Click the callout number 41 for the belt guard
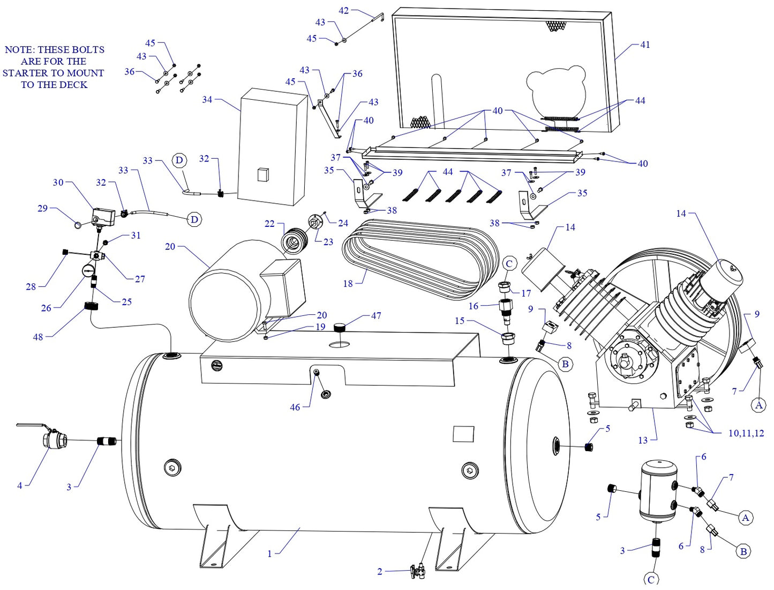pyautogui.click(x=645, y=45)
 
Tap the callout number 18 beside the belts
pyautogui.click(x=348, y=283)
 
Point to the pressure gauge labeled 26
pyautogui.click(x=88, y=270)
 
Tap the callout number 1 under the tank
pyautogui.click(x=270, y=554)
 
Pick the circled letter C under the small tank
pyautogui.click(x=651, y=580)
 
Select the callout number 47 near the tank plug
pyautogui.click(x=376, y=316)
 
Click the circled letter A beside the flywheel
pyautogui.click(x=758, y=405)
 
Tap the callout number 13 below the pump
pyautogui.click(x=643, y=440)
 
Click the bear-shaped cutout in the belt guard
pyautogui.click(x=557, y=91)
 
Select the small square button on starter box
pyautogui.click(x=262, y=175)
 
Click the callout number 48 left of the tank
pyautogui.click(x=38, y=337)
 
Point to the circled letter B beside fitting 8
pyautogui.click(x=565, y=364)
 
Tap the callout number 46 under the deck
pyautogui.click(x=295, y=408)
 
